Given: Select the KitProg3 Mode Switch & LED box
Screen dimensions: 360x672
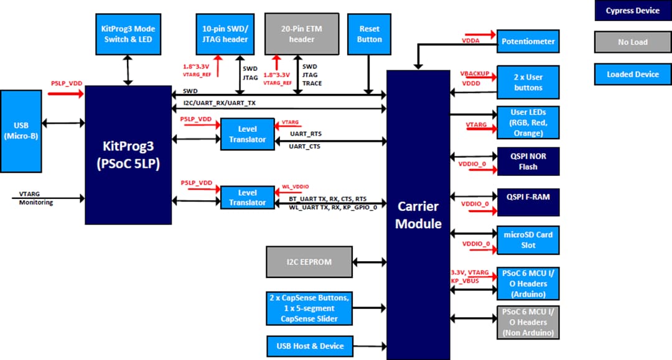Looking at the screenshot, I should click(x=128, y=34).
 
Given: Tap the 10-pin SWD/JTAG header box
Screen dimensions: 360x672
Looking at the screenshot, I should click(x=225, y=34).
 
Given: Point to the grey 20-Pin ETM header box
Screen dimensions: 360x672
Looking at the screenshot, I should click(x=302, y=34).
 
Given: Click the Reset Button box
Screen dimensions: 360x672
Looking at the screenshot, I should click(x=369, y=34).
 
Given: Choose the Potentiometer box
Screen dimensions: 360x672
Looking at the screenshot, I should click(x=528, y=42).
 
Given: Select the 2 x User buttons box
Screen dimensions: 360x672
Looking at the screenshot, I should click(x=528, y=82).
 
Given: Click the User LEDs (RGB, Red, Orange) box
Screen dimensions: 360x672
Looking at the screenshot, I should click(x=528, y=122).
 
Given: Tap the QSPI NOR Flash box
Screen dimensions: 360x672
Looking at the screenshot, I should click(x=528, y=162).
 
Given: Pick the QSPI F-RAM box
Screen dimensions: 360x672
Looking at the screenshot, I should click(x=528, y=197).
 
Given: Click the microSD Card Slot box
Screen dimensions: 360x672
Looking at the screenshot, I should click(x=528, y=239).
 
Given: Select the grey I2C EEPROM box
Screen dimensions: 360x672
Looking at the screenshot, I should click(x=309, y=262).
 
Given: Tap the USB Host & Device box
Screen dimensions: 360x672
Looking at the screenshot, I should click(x=309, y=346).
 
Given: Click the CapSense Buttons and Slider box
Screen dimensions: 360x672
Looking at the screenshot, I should click(x=309, y=308).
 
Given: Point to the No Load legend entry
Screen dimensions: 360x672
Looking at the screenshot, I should click(x=632, y=42).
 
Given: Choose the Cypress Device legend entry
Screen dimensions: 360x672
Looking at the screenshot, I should click(x=632, y=11).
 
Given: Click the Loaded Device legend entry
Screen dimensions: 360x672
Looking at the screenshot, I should click(x=632, y=75).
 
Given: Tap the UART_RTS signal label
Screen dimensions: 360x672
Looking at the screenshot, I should click(x=306, y=134).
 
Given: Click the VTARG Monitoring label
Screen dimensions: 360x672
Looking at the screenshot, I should click(x=35, y=198).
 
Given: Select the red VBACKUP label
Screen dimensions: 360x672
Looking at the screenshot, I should click(x=475, y=73).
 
